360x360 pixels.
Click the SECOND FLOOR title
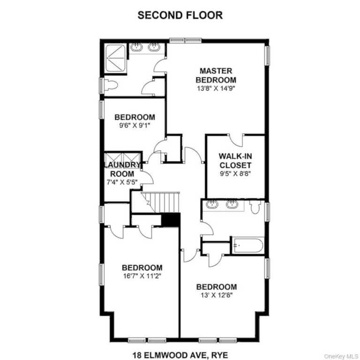point(180,15)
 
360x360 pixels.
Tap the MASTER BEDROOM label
point(216,75)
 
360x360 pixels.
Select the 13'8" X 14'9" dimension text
point(216,89)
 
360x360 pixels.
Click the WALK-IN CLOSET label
point(235,160)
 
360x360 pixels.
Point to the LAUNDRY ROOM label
point(122,169)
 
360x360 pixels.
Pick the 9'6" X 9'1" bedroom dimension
point(135,126)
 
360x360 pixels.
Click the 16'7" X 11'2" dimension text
point(142,276)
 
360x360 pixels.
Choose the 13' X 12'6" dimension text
point(217,295)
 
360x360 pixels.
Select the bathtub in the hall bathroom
point(247,246)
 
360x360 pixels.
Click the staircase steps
point(160,202)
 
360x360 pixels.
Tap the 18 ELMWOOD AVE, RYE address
point(180,355)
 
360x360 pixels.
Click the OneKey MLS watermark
point(341,356)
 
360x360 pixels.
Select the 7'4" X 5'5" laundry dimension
point(122,182)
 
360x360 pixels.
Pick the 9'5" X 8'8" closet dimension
point(235,173)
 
